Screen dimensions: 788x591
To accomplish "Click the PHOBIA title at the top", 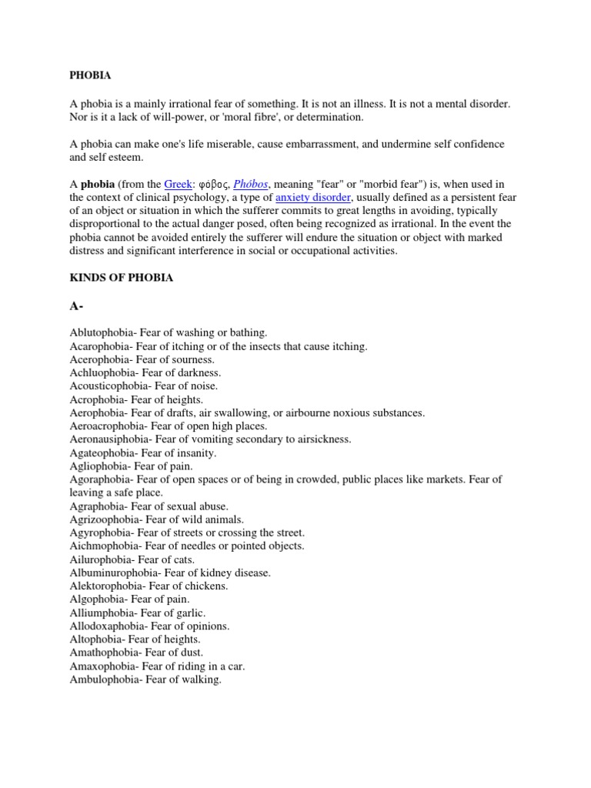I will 90,75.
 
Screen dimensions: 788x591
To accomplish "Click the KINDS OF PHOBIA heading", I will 122,278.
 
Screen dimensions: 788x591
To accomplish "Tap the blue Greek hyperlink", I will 178,184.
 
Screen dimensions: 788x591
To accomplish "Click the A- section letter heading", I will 76,306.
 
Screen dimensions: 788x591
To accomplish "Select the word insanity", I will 195,453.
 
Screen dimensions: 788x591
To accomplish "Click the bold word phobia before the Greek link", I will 98,184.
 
